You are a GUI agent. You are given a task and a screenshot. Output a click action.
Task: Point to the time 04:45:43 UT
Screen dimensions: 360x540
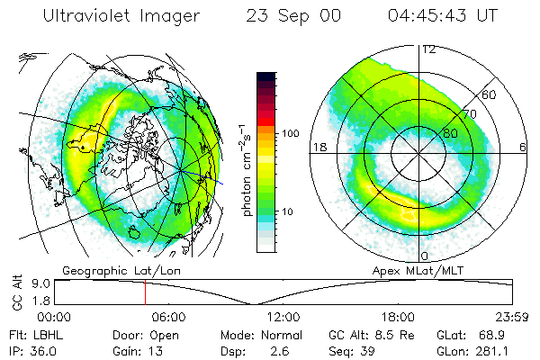pyautogui.click(x=443, y=16)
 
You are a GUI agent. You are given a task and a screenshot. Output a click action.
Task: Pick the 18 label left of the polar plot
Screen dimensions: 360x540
pyautogui.click(x=318, y=146)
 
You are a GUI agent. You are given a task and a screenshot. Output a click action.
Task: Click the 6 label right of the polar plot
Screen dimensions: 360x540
pyautogui.click(x=523, y=146)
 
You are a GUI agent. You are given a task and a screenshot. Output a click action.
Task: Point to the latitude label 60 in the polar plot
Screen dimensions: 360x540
pyautogui.click(x=490, y=94)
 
